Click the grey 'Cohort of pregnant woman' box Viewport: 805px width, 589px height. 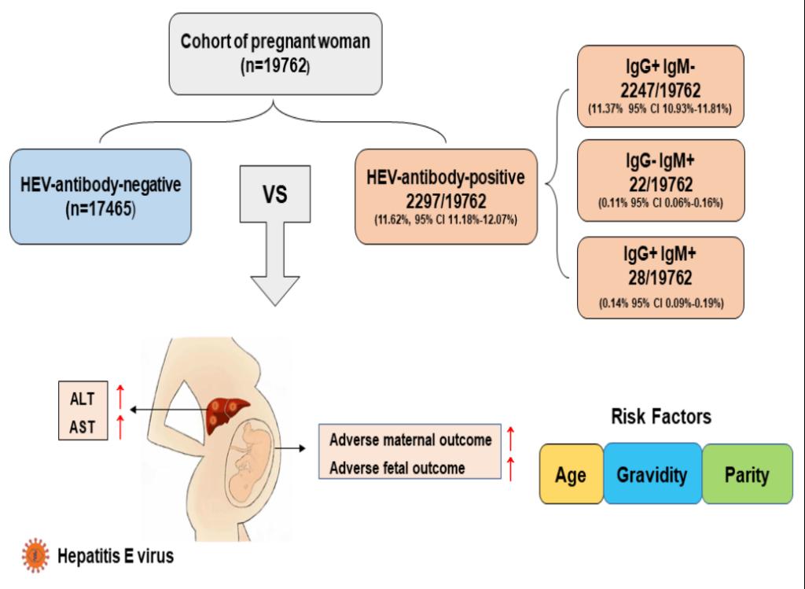[x=275, y=54]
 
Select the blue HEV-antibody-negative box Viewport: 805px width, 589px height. [x=101, y=197]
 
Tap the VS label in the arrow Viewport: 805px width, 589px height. [x=274, y=194]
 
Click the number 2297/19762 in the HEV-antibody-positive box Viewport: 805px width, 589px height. [x=446, y=201]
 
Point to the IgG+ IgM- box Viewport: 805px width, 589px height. [x=660, y=86]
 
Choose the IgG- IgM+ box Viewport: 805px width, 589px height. [x=660, y=180]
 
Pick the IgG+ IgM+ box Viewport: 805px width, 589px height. [x=660, y=278]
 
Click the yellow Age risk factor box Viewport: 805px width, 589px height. [x=571, y=474]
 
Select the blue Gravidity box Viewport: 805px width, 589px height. [x=652, y=474]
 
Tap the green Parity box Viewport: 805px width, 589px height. [x=747, y=474]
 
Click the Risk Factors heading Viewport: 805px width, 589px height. [x=661, y=417]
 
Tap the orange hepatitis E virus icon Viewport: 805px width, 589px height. [x=35, y=555]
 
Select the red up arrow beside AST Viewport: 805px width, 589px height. [x=120, y=427]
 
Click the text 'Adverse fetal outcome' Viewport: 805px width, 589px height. [x=397, y=468]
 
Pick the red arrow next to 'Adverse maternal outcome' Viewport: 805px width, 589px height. [x=510, y=438]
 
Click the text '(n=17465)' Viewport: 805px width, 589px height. [x=101, y=209]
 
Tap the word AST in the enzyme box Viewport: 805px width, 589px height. [x=82, y=427]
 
